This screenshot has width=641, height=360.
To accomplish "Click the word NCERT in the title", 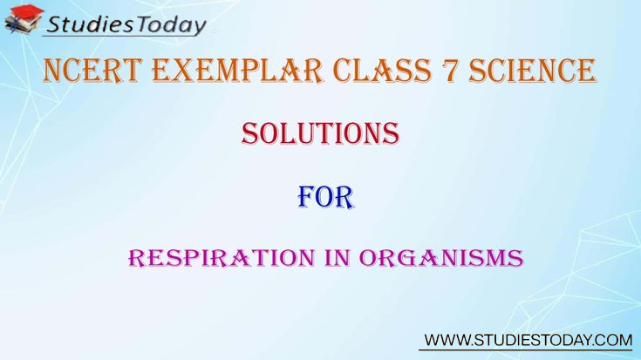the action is click(x=92, y=71).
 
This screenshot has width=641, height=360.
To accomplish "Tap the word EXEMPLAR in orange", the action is click(x=237, y=71).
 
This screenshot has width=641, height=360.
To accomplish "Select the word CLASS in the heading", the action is click(x=382, y=71).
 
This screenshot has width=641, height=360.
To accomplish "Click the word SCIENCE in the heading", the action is click(x=532, y=71).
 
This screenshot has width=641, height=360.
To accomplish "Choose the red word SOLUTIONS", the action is click(x=320, y=133).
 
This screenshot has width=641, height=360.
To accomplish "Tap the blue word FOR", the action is click(x=325, y=198).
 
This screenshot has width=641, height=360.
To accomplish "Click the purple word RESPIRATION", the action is click(x=222, y=258).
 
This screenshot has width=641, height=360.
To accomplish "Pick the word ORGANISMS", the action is click(x=441, y=258).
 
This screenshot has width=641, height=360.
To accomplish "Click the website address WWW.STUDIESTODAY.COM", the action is click(x=528, y=340).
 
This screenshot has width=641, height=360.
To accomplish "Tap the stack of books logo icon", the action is click(x=24, y=20).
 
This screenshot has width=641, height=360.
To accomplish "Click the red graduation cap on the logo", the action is click(x=27, y=11).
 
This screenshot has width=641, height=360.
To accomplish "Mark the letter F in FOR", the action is click(x=307, y=198).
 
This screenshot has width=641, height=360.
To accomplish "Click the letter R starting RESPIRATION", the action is click(x=138, y=259).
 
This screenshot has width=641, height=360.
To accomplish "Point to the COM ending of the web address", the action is click(x=614, y=340).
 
